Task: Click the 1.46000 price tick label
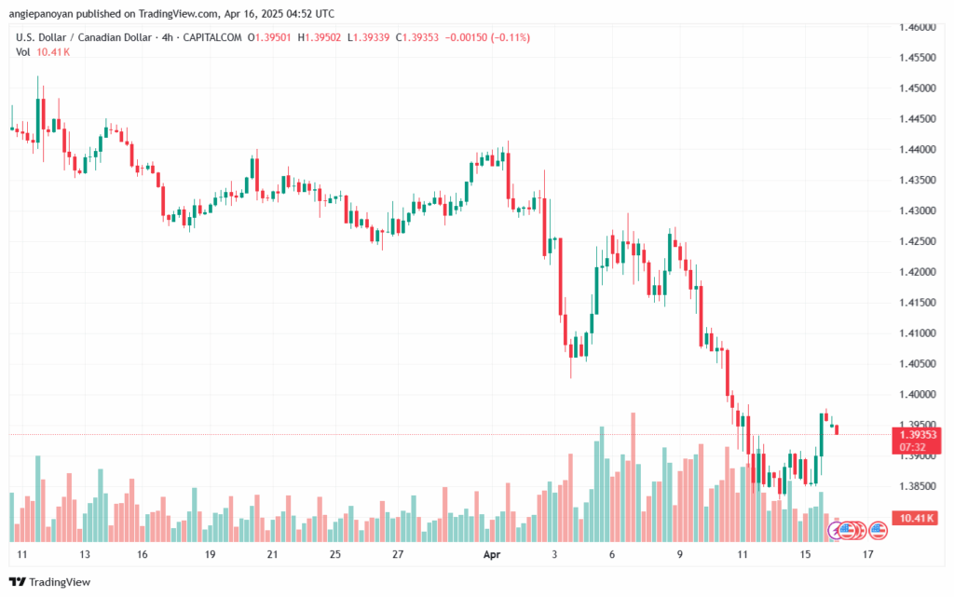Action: coord(919,28)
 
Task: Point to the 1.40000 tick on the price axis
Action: coord(919,395)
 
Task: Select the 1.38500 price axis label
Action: coord(919,486)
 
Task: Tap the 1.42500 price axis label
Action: coord(919,242)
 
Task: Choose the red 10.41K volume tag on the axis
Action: coord(918,518)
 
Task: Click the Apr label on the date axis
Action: coord(493,553)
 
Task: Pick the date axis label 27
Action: coord(398,553)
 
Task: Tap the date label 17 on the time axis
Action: coord(868,553)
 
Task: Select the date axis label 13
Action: coord(85,553)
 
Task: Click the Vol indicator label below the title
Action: coord(22,51)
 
